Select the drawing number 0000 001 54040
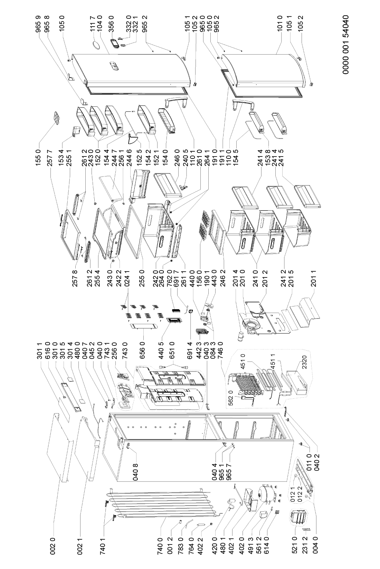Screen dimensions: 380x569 click(345, 45)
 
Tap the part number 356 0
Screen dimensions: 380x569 click(112, 26)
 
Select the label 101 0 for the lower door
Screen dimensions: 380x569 click(280, 26)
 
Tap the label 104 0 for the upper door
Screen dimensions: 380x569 click(99, 26)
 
